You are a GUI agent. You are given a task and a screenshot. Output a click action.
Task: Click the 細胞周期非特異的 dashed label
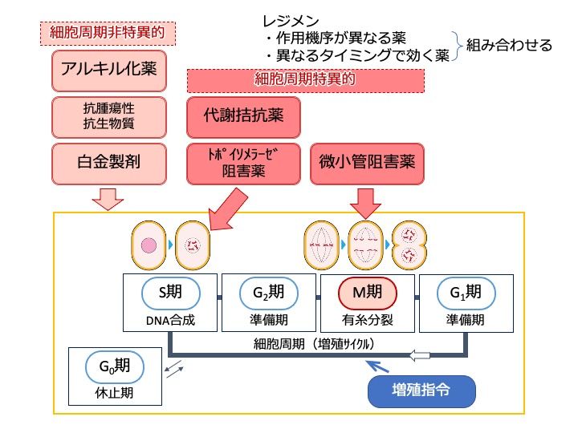(108, 33)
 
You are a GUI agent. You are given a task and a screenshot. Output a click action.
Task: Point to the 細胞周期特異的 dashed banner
(305, 79)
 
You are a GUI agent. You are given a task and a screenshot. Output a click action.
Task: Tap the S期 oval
(171, 293)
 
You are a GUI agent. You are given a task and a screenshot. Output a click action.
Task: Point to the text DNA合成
(171, 320)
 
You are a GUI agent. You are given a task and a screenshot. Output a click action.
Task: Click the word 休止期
(115, 395)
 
